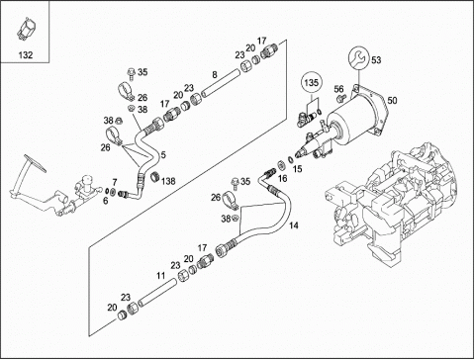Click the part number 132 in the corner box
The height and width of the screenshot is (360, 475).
[x=26, y=54]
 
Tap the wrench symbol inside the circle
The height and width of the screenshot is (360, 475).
[x=358, y=58]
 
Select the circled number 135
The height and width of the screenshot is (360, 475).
[x=311, y=82]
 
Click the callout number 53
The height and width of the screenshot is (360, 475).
[x=376, y=60]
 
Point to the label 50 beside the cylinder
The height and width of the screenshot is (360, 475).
[x=392, y=100]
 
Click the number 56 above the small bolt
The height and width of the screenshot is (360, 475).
[x=338, y=89]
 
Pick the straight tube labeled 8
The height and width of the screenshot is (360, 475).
[x=221, y=82]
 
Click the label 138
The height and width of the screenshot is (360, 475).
[x=168, y=181]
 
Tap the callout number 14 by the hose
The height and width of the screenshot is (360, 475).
[x=293, y=225]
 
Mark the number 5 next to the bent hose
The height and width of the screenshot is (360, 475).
[x=163, y=154]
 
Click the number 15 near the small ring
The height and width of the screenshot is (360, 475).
[x=297, y=169]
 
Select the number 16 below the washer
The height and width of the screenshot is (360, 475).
[x=282, y=179]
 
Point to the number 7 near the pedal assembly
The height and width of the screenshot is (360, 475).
[x=115, y=182]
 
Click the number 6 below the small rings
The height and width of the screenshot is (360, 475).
[x=105, y=201]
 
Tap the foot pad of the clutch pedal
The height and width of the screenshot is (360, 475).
[x=35, y=162]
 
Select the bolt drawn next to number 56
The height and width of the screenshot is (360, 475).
[x=340, y=98]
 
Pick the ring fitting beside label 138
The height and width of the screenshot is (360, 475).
[x=154, y=176]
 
